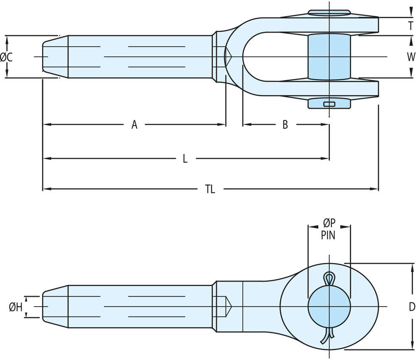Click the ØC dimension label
click(6, 57)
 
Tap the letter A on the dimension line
click(135, 125)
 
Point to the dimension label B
click(285, 125)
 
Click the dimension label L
click(185, 159)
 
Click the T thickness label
click(410, 25)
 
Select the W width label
click(410, 57)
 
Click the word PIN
click(328, 236)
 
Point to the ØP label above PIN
click(329, 224)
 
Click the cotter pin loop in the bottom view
click(329, 279)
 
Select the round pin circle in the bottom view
click(329, 306)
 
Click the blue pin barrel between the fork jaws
click(329, 57)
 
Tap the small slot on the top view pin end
click(329, 104)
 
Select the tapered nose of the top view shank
click(55, 57)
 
